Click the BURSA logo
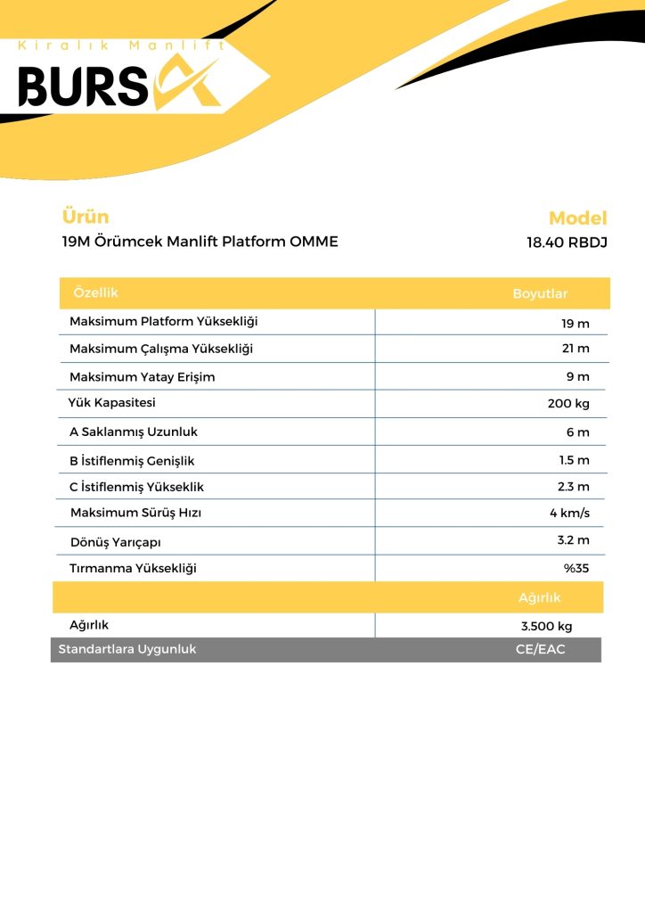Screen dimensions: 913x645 [120, 86]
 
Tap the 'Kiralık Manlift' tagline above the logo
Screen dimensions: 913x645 [122, 45]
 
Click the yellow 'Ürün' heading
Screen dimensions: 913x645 [86, 217]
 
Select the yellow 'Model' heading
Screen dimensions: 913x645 [577, 218]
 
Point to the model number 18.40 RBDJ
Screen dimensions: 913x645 [567, 243]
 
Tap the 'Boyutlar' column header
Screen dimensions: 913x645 [540, 294]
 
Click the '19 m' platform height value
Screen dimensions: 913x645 [575, 324]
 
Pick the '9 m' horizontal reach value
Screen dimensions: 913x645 [578, 376]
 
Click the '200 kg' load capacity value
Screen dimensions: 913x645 [568, 404]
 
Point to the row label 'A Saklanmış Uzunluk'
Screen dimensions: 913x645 [134, 432]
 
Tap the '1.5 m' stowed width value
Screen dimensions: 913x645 [573, 460]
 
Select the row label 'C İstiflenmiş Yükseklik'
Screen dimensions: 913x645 [136, 487]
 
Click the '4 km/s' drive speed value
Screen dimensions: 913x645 [569, 513]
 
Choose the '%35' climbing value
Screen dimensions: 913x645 [576, 568]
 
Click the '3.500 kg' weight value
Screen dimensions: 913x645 [546, 626]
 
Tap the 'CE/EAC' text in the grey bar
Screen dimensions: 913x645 [540, 649]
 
